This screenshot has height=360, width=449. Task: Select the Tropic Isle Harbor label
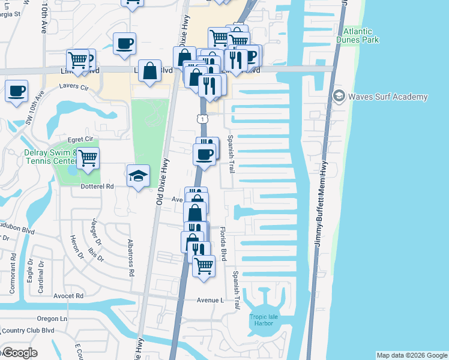click(261, 320)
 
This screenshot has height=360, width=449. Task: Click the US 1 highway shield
click(204, 119)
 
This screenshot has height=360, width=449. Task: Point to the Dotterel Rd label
click(93, 187)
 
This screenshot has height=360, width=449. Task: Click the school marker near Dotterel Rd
click(138, 176)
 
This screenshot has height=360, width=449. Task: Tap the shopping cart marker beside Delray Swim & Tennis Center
click(88, 158)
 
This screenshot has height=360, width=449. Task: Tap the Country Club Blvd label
click(28, 330)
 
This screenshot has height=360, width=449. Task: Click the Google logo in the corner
click(19, 353)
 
